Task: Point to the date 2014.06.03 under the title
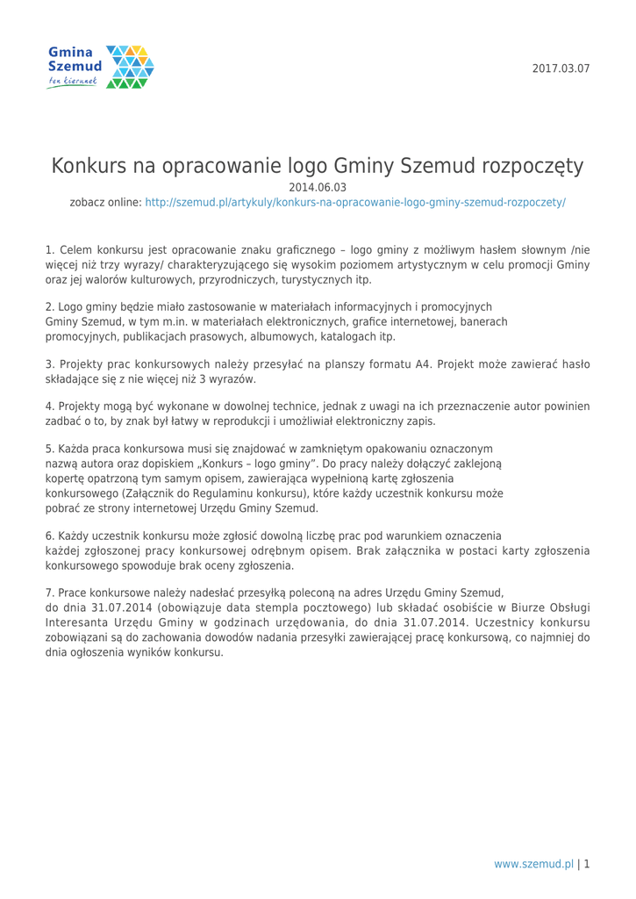318,186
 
